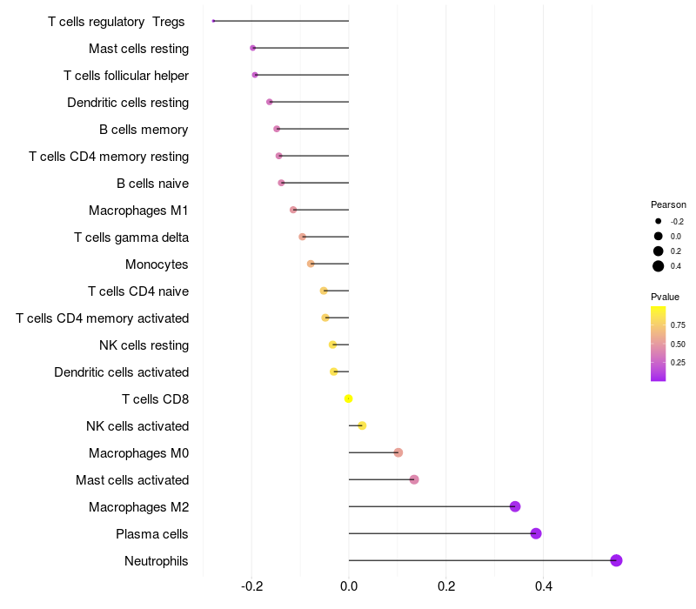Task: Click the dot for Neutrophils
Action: (x=616, y=560)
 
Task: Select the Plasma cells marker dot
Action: (x=536, y=533)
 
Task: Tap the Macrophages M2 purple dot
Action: (x=515, y=506)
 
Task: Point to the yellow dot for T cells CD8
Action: (x=349, y=398)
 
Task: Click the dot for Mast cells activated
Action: (x=414, y=479)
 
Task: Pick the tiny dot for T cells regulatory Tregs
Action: (x=213, y=21)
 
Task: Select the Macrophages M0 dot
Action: (x=398, y=452)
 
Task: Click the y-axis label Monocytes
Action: (x=157, y=264)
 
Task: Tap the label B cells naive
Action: (x=152, y=183)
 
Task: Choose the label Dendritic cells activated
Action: (x=121, y=371)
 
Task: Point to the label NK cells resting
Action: (x=144, y=345)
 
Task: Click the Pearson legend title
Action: (x=668, y=204)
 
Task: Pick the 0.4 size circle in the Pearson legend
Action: (x=659, y=266)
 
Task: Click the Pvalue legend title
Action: (x=666, y=297)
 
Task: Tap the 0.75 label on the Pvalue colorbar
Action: (x=678, y=325)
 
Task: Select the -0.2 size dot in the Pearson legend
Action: (x=659, y=221)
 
